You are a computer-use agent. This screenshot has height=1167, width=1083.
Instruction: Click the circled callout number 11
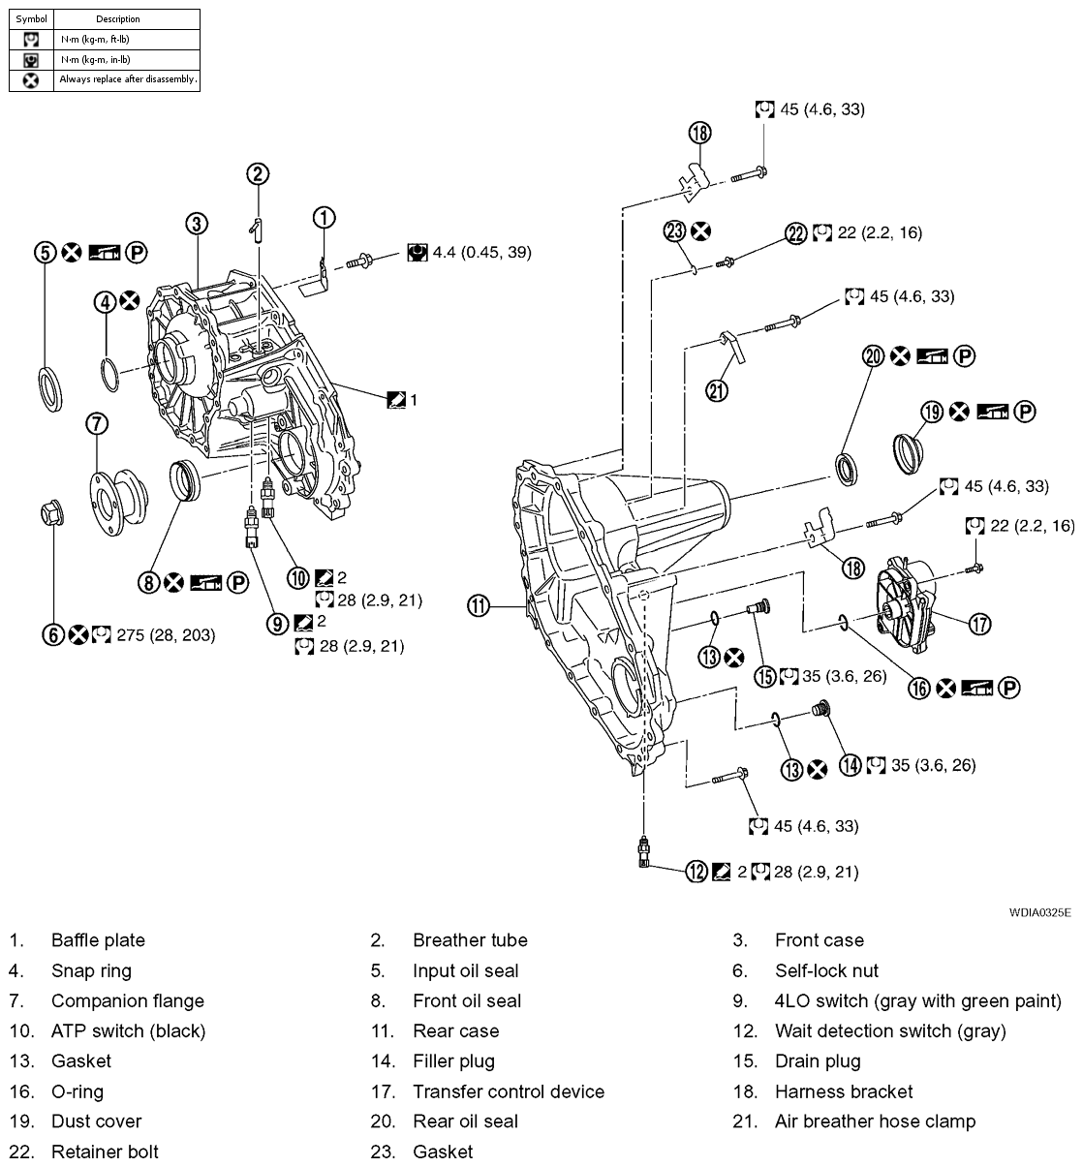click(x=480, y=607)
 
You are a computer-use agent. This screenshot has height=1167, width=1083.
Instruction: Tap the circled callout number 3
click(x=197, y=224)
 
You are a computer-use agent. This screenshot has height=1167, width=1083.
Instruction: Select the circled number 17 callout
click(x=980, y=624)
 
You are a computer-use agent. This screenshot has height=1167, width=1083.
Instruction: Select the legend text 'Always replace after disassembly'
click(x=127, y=79)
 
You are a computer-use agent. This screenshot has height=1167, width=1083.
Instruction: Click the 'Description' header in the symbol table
click(x=118, y=18)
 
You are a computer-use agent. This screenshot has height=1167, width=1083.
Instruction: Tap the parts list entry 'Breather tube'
click(x=470, y=940)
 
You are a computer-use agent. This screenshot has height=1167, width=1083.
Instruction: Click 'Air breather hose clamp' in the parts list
click(x=875, y=1121)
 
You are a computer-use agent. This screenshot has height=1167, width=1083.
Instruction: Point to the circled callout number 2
click(x=257, y=174)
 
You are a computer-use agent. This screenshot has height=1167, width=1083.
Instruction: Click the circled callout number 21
click(x=717, y=390)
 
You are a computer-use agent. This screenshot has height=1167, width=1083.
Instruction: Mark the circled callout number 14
click(x=851, y=765)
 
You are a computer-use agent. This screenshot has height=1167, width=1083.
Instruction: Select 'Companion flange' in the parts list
click(x=127, y=1001)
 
